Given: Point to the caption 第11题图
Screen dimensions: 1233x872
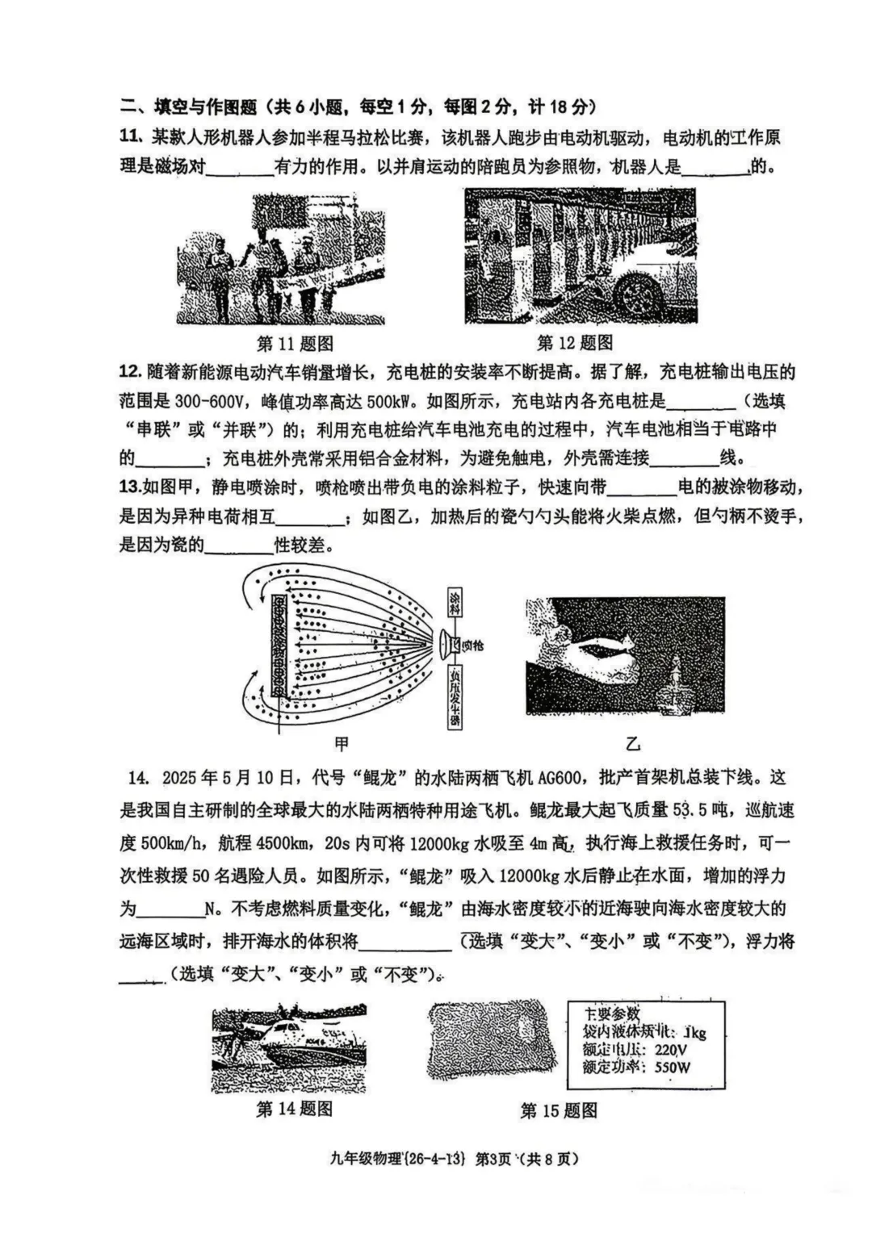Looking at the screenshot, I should (295, 344).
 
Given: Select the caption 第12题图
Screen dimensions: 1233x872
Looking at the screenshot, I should (575, 343).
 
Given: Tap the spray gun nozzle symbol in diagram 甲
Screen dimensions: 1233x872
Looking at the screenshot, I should (445, 643).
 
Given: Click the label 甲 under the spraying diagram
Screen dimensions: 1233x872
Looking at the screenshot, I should (342, 743).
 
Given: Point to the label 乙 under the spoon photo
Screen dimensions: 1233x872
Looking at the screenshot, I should (632, 743).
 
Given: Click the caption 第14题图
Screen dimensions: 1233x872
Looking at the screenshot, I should (295, 1109).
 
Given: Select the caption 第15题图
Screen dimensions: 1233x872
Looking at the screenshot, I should (559, 1111).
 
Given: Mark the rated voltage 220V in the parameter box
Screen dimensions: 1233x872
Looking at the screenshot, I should (671, 1050).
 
